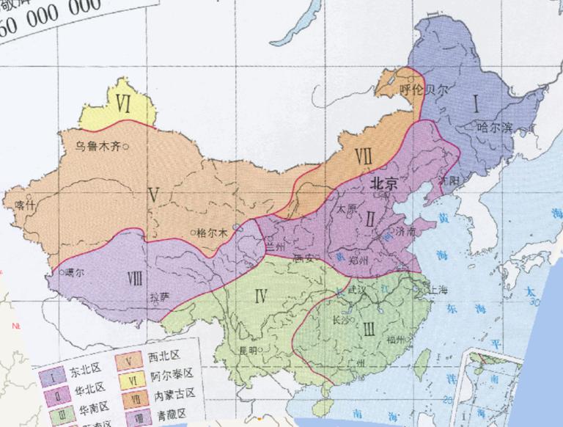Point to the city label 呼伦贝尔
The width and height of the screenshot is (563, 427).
point(422,89)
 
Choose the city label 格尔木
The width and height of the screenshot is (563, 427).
point(213,233)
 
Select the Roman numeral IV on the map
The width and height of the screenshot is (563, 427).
point(259,296)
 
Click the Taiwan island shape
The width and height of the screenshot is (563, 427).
point(423,361)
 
